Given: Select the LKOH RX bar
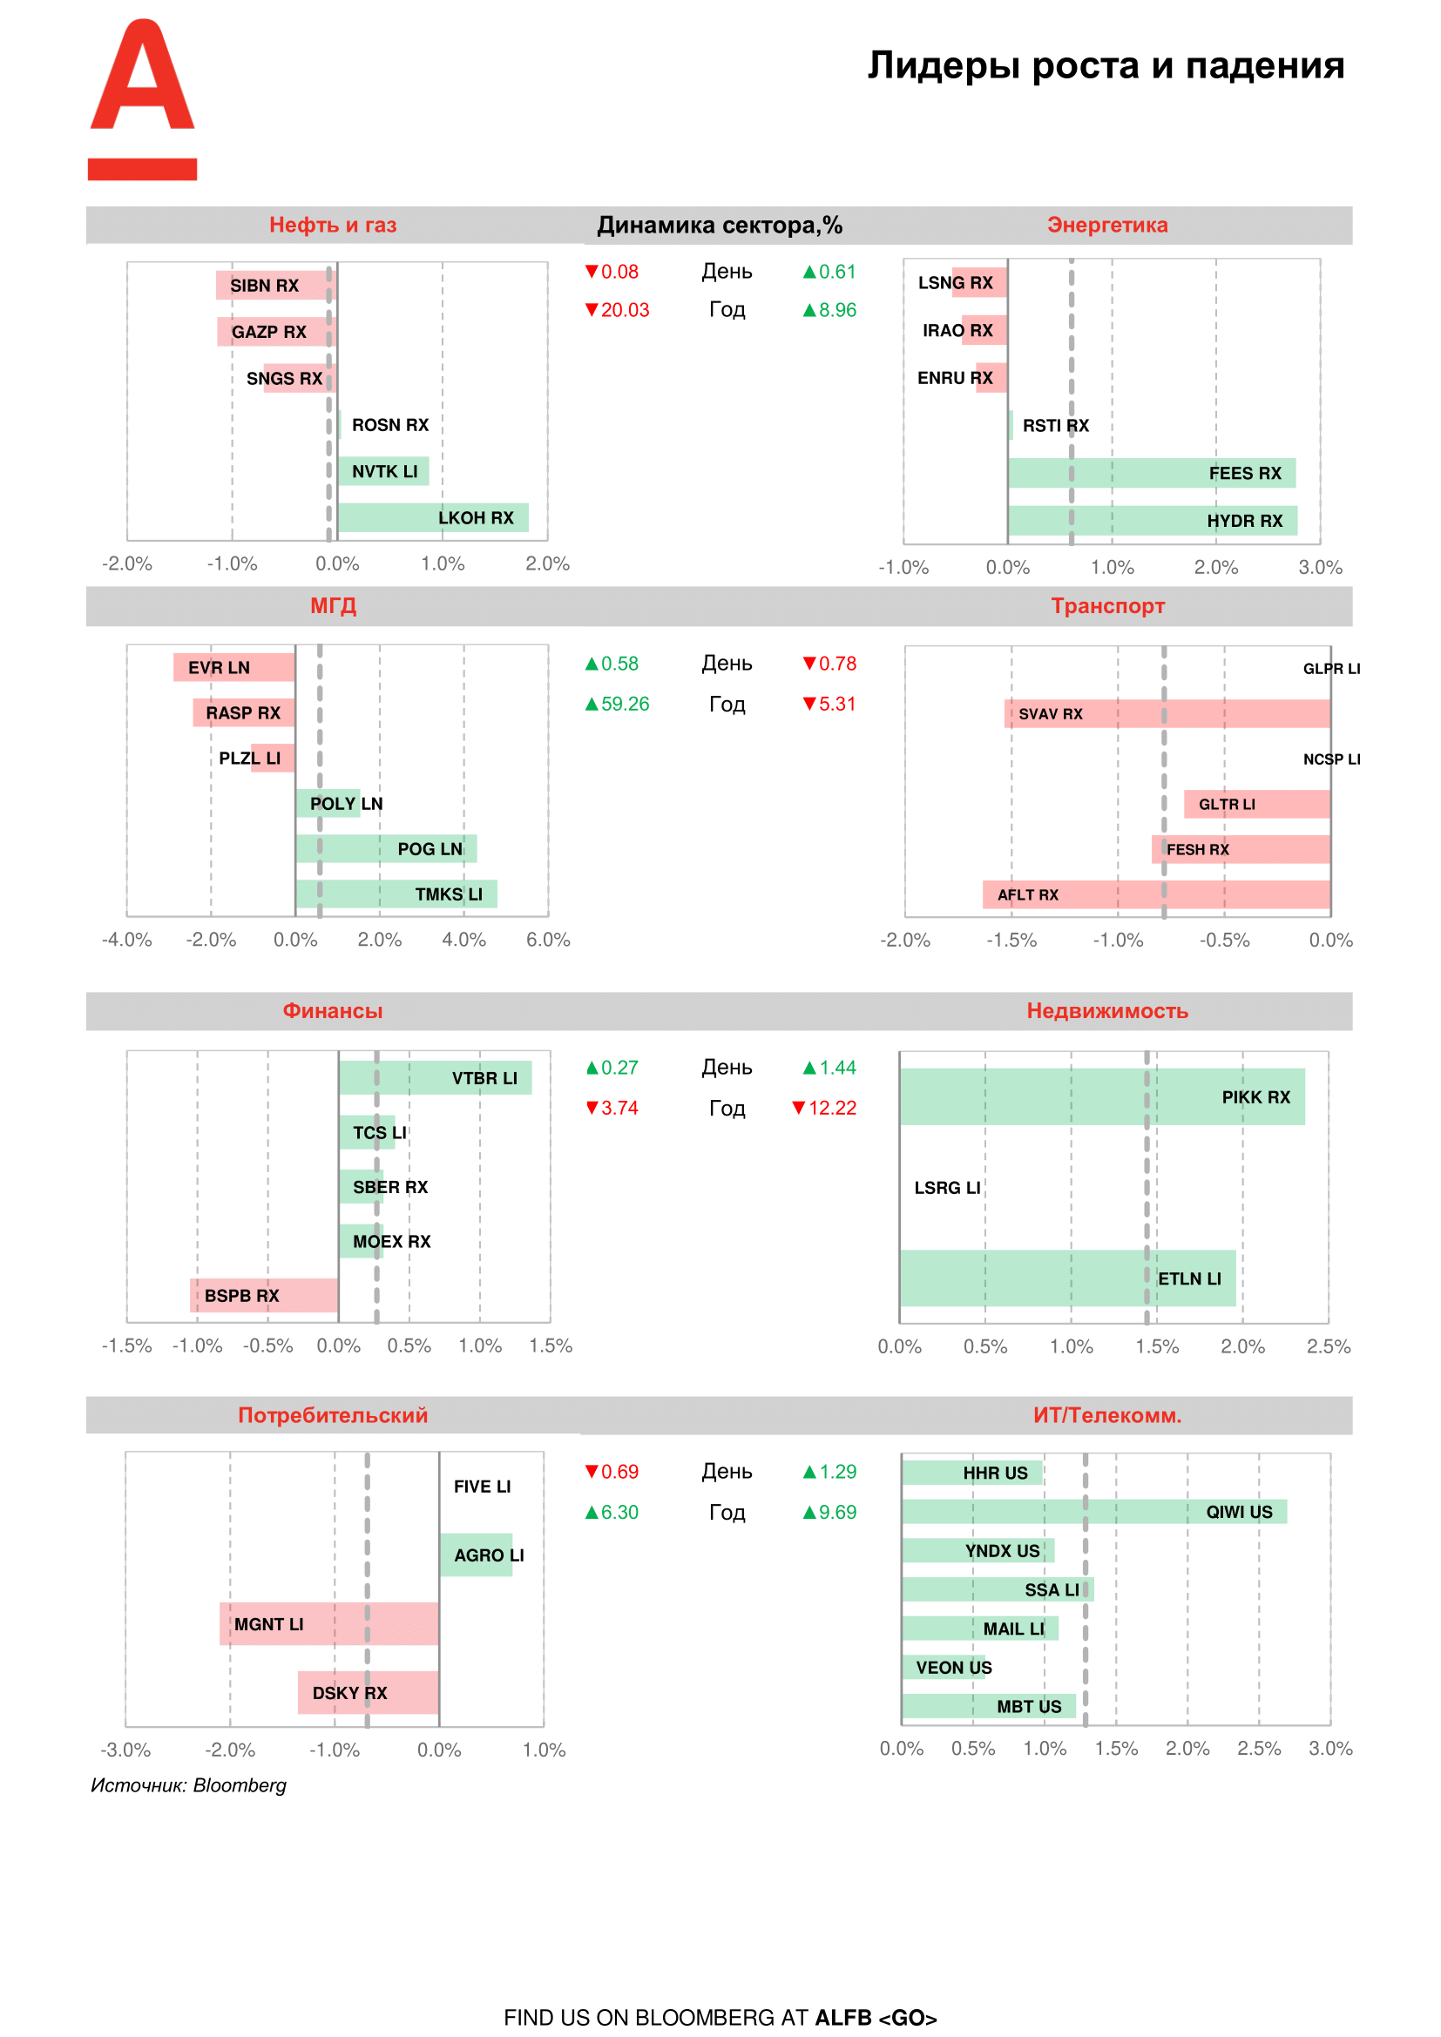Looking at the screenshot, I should click(432, 517).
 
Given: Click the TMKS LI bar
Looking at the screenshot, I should click(396, 894).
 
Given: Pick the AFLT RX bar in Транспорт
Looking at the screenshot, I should click(1155, 894).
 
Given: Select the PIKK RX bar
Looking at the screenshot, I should click(1101, 1096).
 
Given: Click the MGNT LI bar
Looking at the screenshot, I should click(328, 1623).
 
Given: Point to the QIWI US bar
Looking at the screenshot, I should click(1093, 1512).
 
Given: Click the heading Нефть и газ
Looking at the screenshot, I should click(333, 226).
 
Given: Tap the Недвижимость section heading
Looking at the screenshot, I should click(1106, 1010).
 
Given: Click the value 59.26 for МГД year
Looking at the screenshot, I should click(625, 704).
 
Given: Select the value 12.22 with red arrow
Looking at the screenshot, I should click(831, 1108).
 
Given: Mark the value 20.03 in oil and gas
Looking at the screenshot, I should click(625, 310).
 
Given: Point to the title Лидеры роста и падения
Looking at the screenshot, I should click(1106, 65).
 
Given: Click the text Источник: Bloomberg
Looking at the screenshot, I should click(188, 1785).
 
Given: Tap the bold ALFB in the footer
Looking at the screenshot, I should click(843, 2018).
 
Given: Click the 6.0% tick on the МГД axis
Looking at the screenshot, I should click(547, 940).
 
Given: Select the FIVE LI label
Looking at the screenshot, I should click(482, 1486).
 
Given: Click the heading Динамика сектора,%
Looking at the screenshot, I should click(719, 226).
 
